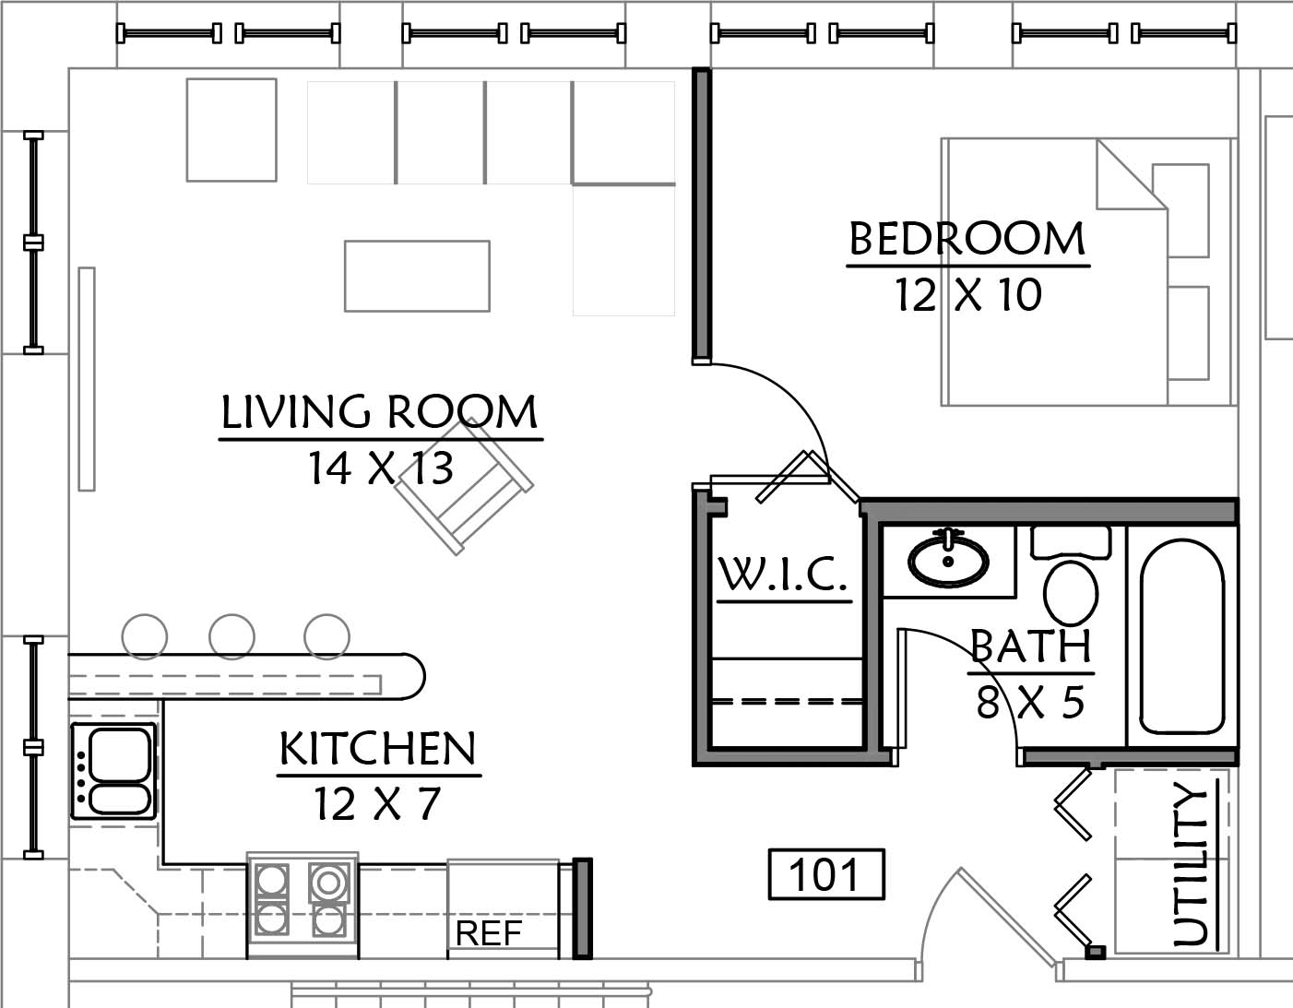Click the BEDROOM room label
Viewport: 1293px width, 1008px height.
coord(967,239)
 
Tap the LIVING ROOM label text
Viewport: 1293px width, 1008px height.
coord(380,411)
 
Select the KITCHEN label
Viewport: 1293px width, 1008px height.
coord(378,748)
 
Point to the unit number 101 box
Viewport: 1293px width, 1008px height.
coord(826,874)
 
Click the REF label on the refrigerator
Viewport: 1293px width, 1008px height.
coord(489,933)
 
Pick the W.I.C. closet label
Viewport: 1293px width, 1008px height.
coord(783,575)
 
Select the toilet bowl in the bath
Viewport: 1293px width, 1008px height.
coord(1071,592)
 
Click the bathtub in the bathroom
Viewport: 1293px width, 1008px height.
coord(1182,636)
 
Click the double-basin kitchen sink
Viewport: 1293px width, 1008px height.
coord(113,771)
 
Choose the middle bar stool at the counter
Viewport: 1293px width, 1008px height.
coord(232,636)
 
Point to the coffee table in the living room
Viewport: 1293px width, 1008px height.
coord(417,276)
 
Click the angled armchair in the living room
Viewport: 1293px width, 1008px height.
coord(465,487)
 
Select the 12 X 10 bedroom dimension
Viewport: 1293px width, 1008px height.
coord(968,294)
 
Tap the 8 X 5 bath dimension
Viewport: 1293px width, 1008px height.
coord(1030,702)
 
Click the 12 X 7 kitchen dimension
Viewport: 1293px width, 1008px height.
coord(377,804)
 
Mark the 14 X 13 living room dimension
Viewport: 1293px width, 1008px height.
coord(381,468)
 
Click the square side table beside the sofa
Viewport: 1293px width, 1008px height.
coord(231,130)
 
